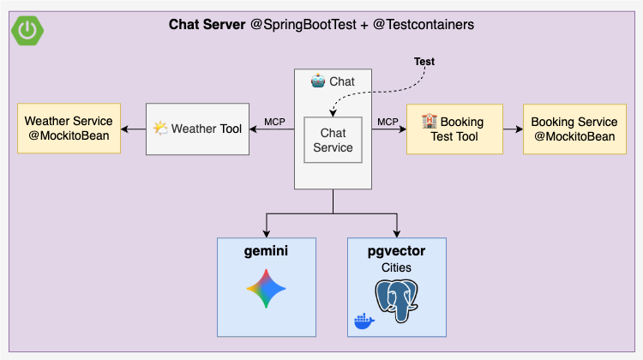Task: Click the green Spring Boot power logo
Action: pos(28,28)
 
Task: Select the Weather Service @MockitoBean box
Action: pos(69,129)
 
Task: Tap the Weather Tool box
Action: pos(197,129)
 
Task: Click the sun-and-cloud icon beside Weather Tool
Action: pos(160,129)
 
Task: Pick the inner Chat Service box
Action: pos(333,140)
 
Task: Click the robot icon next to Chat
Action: pos(318,81)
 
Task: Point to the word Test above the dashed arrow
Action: pos(424,63)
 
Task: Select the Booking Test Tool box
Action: pos(454,129)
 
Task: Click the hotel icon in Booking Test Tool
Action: pos(430,122)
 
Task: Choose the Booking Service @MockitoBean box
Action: pos(574,129)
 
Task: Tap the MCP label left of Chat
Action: pos(274,121)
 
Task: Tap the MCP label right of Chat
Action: pos(388,121)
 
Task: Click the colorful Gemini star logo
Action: pos(267,290)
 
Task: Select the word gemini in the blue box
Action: pos(267,251)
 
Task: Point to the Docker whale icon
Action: pos(364,321)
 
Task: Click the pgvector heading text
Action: pos(397,250)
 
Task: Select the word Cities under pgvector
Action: pos(397,267)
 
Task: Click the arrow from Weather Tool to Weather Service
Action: pos(133,129)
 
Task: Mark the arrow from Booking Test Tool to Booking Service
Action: pos(512,129)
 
